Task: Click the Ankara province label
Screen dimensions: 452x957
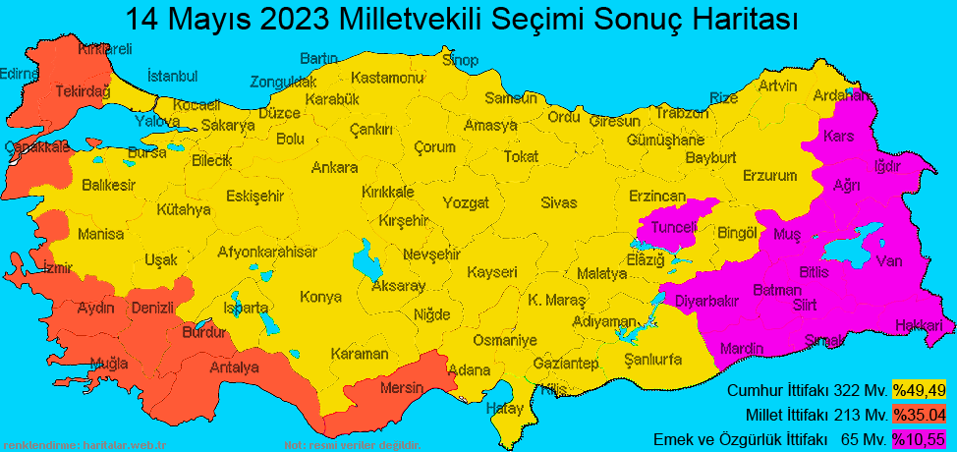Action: (334, 167)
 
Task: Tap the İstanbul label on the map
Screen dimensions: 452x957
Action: (172, 77)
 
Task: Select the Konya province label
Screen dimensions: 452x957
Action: (320, 297)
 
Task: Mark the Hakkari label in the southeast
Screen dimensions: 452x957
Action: (918, 326)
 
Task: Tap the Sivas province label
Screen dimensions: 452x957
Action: (558, 203)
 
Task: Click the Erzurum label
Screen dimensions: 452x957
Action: (769, 176)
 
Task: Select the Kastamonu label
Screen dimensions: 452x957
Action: (387, 78)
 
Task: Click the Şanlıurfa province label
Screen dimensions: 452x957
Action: (653, 359)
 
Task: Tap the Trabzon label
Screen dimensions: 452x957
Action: (681, 113)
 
